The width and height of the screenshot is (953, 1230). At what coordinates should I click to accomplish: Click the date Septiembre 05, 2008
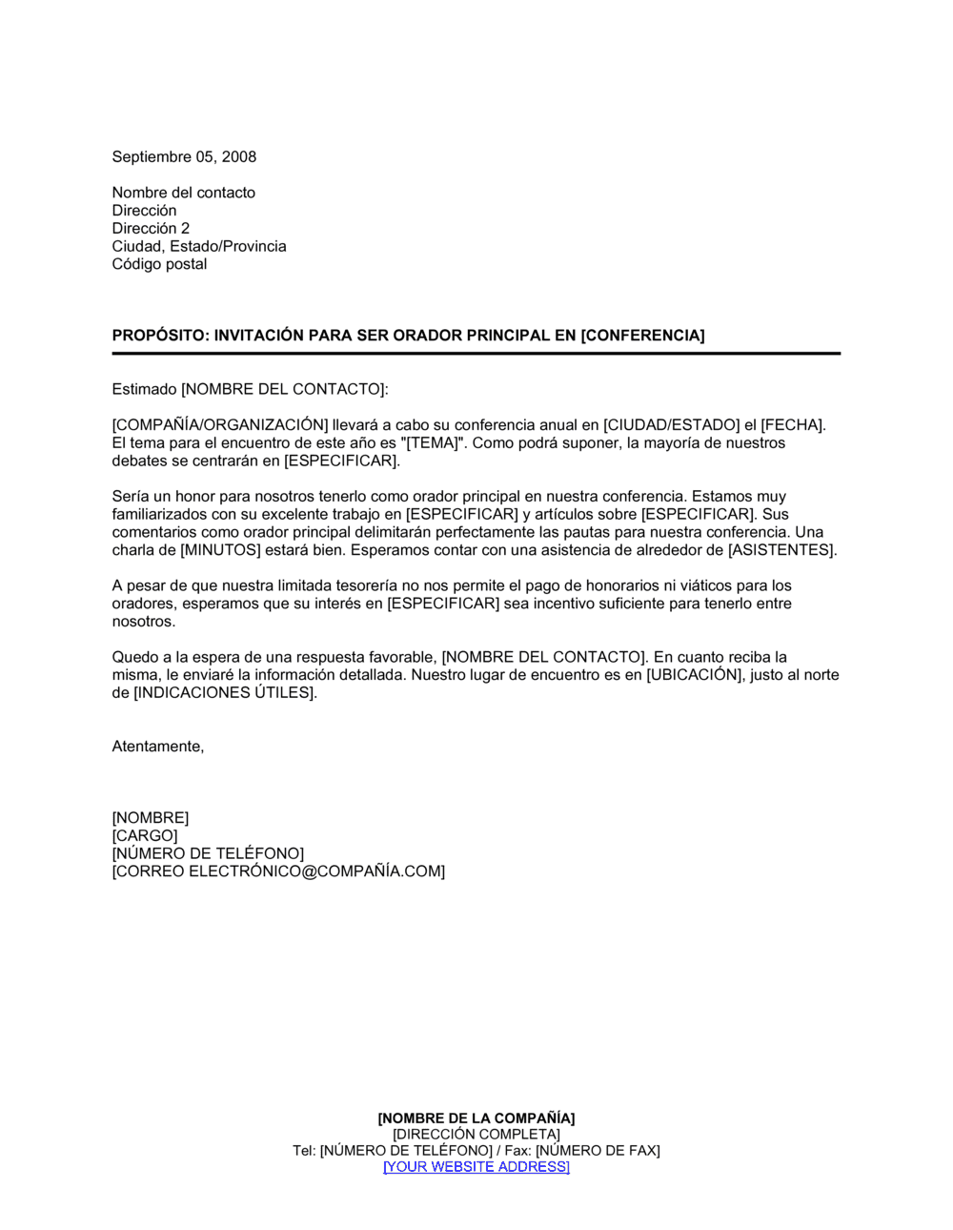pos(184,157)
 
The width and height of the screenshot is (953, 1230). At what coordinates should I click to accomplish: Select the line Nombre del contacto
pos(184,193)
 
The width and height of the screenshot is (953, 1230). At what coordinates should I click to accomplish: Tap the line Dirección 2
pos(151,229)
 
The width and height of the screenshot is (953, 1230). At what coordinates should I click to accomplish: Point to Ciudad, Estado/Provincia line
pos(199,247)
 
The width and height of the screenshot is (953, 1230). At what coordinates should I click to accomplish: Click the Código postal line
pos(159,264)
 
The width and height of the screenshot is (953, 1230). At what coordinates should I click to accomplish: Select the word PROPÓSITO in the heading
pos(158,336)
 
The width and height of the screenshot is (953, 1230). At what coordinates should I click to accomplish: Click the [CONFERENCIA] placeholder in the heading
pos(642,336)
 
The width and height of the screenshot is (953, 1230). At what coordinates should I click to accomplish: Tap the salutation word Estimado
pos(145,389)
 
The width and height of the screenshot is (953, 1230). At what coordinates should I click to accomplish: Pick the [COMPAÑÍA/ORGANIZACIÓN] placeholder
pos(220,425)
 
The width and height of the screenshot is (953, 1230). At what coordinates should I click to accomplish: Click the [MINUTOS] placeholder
pos(220,550)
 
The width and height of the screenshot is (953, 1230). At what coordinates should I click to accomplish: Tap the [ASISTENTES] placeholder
pos(781,550)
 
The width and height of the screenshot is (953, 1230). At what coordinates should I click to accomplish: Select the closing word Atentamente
pos(158,747)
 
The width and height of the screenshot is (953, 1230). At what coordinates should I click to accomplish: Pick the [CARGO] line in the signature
pos(145,836)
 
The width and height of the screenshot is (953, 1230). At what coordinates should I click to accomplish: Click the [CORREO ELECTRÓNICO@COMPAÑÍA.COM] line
pos(278,871)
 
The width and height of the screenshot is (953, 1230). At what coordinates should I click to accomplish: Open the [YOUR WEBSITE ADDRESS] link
pos(476,1167)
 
